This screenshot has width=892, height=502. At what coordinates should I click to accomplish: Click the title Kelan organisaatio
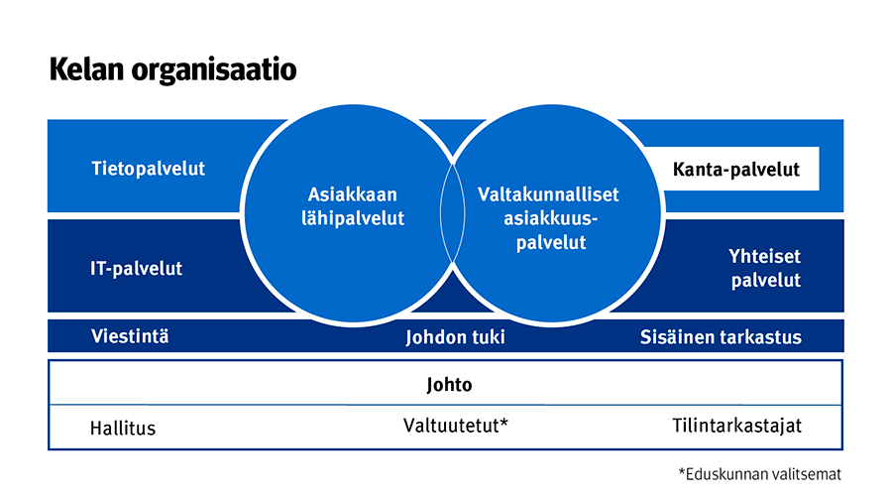[x=172, y=70]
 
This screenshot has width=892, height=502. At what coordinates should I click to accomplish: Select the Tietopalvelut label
[x=148, y=169]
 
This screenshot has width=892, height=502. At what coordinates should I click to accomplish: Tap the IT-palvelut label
[x=136, y=268]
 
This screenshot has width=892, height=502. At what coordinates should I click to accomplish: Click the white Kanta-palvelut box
[x=736, y=169]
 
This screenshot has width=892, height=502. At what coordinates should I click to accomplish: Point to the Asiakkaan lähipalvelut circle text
[x=353, y=206]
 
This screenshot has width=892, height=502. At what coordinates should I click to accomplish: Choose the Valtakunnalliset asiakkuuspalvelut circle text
[x=548, y=218]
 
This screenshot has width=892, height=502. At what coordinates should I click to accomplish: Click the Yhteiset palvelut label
[x=765, y=268]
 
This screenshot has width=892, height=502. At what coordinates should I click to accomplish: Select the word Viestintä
[x=130, y=336]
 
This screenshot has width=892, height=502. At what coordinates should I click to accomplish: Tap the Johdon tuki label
[x=455, y=337]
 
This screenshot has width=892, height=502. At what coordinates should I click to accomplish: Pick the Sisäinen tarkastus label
[x=721, y=337]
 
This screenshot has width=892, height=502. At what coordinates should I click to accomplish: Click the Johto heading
[x=449, y=385]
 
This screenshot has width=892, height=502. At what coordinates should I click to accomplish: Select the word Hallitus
[x=123, y=428]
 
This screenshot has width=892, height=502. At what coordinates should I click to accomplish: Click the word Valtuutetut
[x=451, y=426]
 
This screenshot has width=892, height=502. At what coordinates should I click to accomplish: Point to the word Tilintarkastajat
[x=737, y=426]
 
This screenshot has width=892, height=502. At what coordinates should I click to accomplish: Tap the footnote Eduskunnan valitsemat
[x=760, y=474]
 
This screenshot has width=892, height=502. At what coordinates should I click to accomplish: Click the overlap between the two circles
[x=452, y=213]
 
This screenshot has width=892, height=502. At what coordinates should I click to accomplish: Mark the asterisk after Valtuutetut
[x=504, y=423]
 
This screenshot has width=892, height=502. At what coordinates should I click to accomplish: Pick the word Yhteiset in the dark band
[x=764, y=256]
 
